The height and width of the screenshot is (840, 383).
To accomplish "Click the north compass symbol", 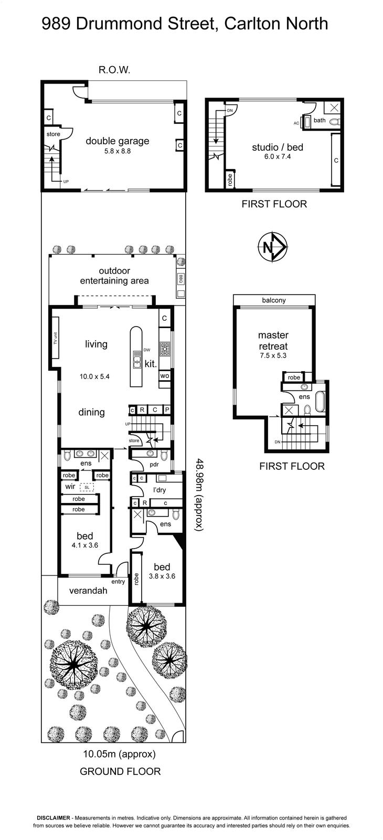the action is (273, 247).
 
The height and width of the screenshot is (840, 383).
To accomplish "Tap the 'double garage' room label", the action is (118, 141).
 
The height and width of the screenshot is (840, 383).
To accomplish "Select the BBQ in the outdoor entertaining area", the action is (180, 279).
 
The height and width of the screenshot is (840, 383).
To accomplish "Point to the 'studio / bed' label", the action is (278, 147).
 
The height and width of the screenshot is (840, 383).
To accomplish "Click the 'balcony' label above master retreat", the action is (274, 300).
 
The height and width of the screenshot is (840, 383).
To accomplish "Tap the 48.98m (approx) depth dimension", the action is (199, 494).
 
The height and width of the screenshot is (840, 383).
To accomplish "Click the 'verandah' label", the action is (88, 591).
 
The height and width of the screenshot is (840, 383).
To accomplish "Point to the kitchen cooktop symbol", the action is (165, 349).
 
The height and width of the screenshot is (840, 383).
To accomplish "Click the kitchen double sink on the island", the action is (136, 360).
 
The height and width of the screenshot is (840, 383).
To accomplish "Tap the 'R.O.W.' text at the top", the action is (114, 70).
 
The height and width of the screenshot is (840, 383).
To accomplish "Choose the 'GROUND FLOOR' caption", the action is (120, 771).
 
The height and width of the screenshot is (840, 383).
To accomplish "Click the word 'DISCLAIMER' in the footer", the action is (53, 825).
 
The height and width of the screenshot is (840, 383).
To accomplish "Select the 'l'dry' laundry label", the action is (159, 490).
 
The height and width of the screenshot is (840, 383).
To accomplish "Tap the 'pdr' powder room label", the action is (154, 465).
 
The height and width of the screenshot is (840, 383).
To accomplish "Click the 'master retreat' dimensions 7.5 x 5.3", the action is (273, 355).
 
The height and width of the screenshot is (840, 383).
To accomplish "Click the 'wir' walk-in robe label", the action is (70, 486).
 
